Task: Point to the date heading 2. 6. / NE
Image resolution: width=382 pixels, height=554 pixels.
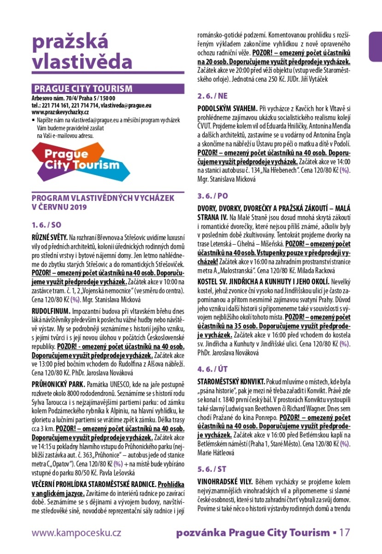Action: (x=212, y=96)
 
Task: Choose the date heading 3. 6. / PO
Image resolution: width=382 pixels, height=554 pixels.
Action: (x=213, y=195)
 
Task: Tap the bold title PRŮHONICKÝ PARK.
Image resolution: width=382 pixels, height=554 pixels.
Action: (x=58, y=384)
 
